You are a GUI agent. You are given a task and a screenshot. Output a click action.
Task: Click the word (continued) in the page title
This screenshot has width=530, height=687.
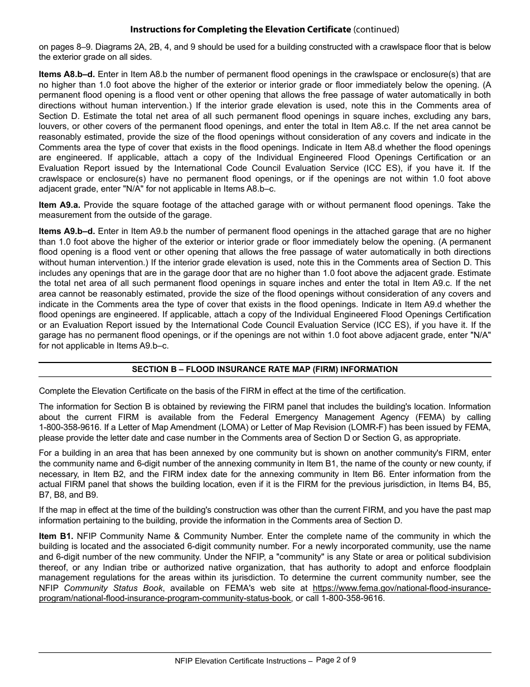[377, 29]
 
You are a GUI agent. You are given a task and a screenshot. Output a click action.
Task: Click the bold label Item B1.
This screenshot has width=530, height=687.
[56, 536]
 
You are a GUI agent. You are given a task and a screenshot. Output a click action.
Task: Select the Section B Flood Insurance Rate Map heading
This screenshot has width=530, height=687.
[264, 369]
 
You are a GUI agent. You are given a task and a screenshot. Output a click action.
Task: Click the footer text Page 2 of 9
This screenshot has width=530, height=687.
[336, 660]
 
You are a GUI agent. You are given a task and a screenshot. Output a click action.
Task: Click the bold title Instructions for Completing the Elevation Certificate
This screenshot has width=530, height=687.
[240, 29]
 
